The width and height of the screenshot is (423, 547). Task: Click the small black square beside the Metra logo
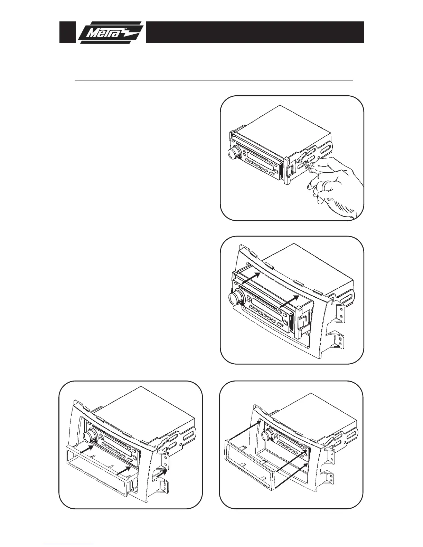tap(67, 32)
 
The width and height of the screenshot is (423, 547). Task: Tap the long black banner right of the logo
tap(255, 32)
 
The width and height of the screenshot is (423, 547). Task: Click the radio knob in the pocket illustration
tap(90, 436)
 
